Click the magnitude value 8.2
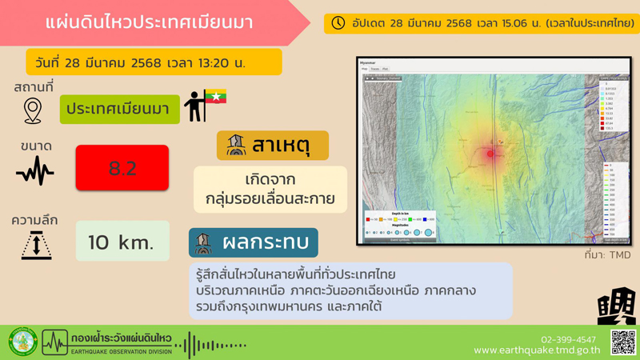[122, 168]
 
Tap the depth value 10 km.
[122, 242]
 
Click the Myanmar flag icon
[215, 98]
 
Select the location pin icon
[33, 110]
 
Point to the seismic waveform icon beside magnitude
[35, 170]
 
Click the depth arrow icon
[36, 245]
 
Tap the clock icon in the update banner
[338, 23]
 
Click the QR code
[622, 342]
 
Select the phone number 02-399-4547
[568, 339]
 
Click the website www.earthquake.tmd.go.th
[537, 350]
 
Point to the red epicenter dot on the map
[490, 154]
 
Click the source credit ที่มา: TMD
[607, 255]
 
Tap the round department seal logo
[22, 342]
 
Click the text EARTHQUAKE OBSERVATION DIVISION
[121, 351]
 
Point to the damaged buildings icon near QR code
[616, 306]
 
